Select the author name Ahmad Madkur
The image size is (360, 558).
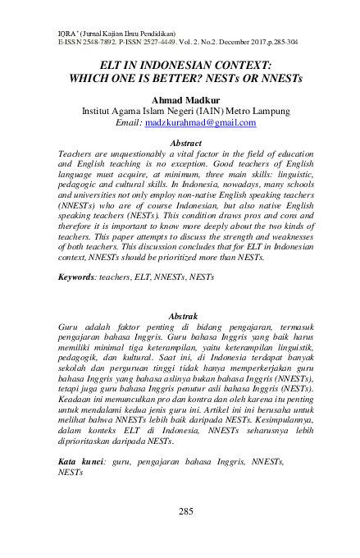pos(180,98)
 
